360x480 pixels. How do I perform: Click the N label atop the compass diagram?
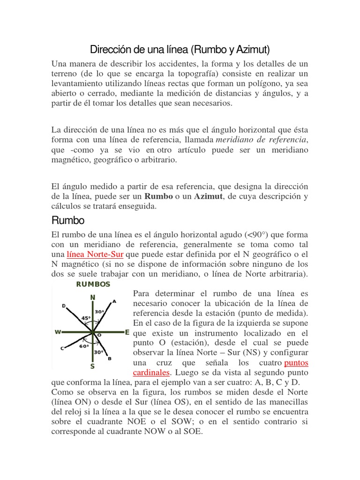(x=93, y=297)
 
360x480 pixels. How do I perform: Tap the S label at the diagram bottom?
(x=92, y=366)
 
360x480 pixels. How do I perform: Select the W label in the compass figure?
(x=58, y=332)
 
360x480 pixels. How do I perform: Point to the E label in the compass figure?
(x=127, y=332)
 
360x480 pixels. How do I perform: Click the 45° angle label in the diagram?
(x=86, y=318)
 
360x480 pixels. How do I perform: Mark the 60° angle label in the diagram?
(x=84, y=346)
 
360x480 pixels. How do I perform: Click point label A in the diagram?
(x=113, y=301)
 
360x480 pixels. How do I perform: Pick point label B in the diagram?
(x=110, y=359)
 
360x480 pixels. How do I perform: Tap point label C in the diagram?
(x=62, y=348)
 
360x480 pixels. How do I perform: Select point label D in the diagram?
(x=64, y=306)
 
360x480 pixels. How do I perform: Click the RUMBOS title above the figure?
(x=93, y=284)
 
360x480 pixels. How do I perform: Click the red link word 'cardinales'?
(x=152, y=373)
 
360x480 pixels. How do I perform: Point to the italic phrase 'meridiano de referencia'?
(x=261, y=140)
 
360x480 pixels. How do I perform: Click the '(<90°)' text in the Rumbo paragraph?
(x=261, y=233)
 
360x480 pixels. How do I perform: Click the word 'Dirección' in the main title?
(x=111, y=49)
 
